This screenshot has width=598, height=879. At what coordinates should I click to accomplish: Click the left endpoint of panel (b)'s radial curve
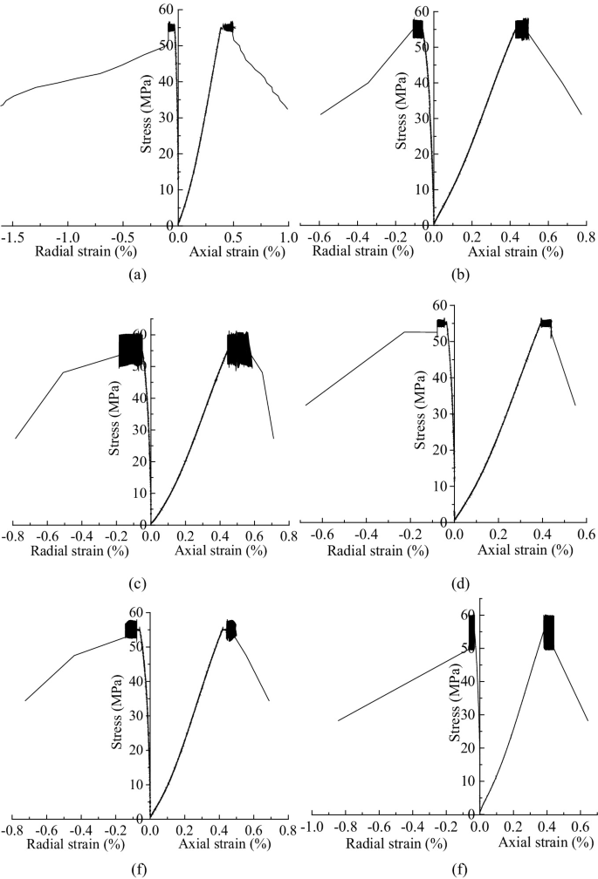[x=321, y=114]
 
